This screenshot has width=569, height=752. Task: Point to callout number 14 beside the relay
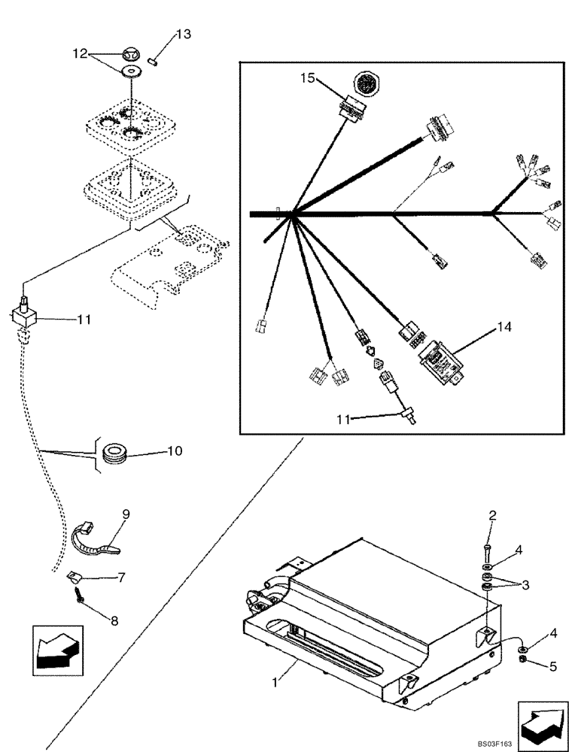pos(504,328)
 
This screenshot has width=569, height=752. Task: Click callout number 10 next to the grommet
pos(174,451)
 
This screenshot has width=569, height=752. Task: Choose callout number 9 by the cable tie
pos(126,514)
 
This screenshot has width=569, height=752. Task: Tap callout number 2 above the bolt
pos(492,515)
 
